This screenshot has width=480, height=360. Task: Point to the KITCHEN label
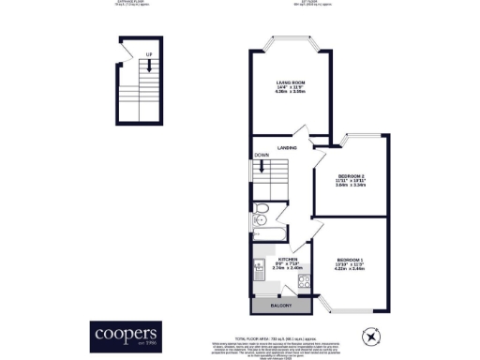pos(288,259)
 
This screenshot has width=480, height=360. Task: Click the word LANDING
pos(288,148)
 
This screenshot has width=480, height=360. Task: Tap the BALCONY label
pos(281,307)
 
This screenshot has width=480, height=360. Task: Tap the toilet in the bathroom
pos(261,208)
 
